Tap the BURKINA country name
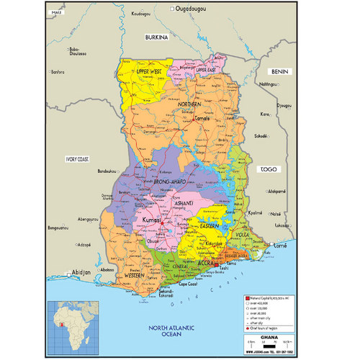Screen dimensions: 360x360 click(156, 36)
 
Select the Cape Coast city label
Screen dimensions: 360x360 click(188, 284)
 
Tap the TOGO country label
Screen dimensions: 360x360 click(269, 168)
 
